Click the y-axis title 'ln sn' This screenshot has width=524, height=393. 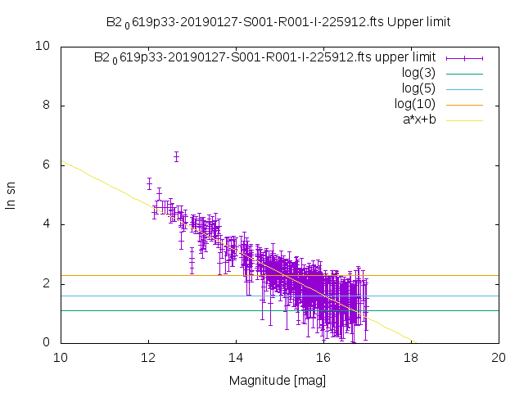coord(11,195)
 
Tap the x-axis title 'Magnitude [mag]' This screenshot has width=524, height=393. coord(279,380)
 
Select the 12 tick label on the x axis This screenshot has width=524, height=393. coord(148,358)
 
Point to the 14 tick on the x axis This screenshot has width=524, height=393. coord(236,358)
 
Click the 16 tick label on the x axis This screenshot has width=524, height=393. coord(323,358)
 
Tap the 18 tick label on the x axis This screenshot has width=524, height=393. coord(411,358)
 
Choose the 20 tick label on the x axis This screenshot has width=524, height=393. coord(499,358)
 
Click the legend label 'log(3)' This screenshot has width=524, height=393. coord(418,73)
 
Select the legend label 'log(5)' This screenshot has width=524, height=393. coord(418,88)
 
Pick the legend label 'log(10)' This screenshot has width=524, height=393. coord(415,104)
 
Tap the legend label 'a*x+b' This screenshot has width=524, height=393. coord(418,120)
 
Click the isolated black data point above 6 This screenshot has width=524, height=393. coord(176,156)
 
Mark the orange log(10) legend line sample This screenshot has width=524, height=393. coord(464,104)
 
